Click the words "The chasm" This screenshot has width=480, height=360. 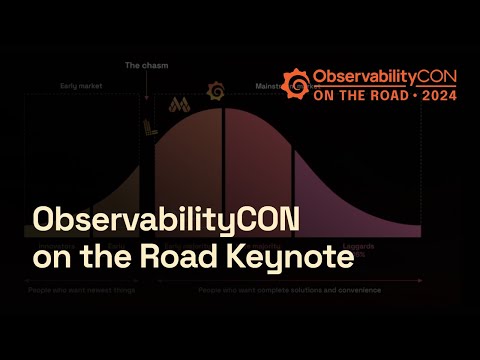click(145, 65)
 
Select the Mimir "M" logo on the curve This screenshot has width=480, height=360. click(180, 104)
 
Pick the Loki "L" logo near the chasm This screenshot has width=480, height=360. click(151, 126)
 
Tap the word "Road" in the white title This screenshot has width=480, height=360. click(199, 256)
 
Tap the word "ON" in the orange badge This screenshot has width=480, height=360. click(326, 98)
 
